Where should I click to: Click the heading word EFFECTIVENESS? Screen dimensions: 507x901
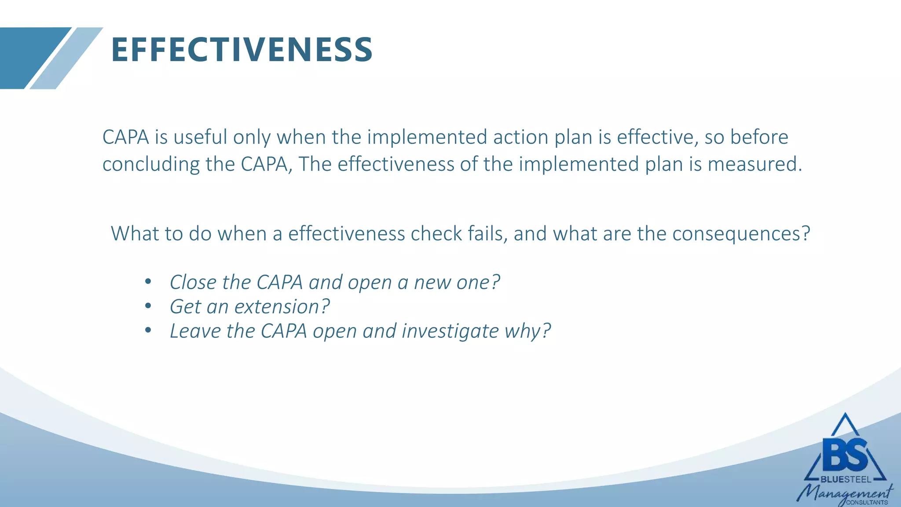[x=242, y=50]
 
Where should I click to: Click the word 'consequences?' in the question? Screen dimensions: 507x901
[x=741, y=234]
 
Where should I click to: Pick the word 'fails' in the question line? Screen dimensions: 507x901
[x=485, y=234]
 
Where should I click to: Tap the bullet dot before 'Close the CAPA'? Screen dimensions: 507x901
[x=148, y=282]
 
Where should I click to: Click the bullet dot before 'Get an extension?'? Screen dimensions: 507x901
[x=148, y=306]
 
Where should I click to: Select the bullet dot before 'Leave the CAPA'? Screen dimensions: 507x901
[x=148, y=330]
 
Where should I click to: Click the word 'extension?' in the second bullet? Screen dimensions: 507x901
[x=282, y=307]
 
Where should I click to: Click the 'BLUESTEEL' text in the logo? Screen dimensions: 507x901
[x=846, y=480]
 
